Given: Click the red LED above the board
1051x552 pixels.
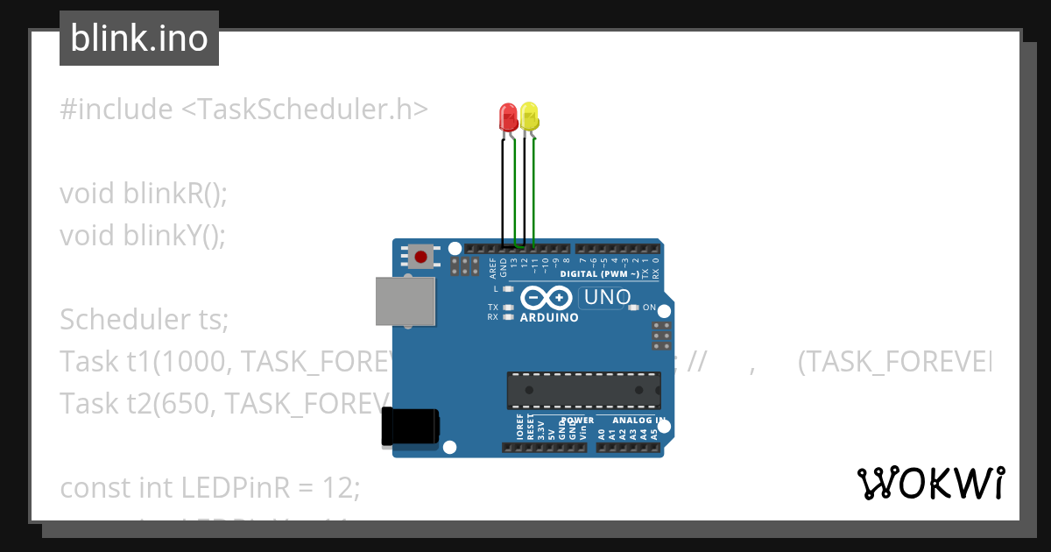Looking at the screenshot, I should (x=507, y=117).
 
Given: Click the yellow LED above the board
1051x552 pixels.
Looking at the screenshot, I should (x=529, y=116).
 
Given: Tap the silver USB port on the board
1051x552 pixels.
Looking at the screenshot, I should (x=406, y=301).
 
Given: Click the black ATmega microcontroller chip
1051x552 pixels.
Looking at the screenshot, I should (x=583, y=390).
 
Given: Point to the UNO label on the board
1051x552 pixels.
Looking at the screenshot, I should (x=607, y=297).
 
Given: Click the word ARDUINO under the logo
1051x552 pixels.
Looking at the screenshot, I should (x=549, y=317).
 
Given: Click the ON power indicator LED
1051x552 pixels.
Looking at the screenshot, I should (x=635, y=308).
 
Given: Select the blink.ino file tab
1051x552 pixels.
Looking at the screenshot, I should (x=139, y=39).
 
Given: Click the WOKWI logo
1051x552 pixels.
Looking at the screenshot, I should (x=930, y=483).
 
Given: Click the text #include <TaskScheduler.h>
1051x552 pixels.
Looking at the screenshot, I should (x=244, y=110).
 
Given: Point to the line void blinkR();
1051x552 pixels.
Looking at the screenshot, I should (x=144, y=194).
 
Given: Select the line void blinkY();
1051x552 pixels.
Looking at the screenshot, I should (x=143, y=236).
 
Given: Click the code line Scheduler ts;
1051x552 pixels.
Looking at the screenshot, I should (x=144, y=320).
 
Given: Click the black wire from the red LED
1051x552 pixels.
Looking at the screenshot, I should (x=502, y=193).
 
